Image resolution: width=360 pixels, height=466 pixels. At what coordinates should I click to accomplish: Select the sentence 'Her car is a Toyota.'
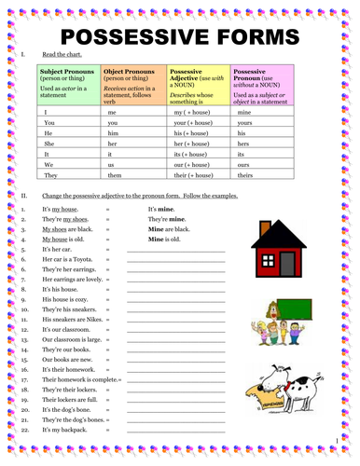(67, 261)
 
